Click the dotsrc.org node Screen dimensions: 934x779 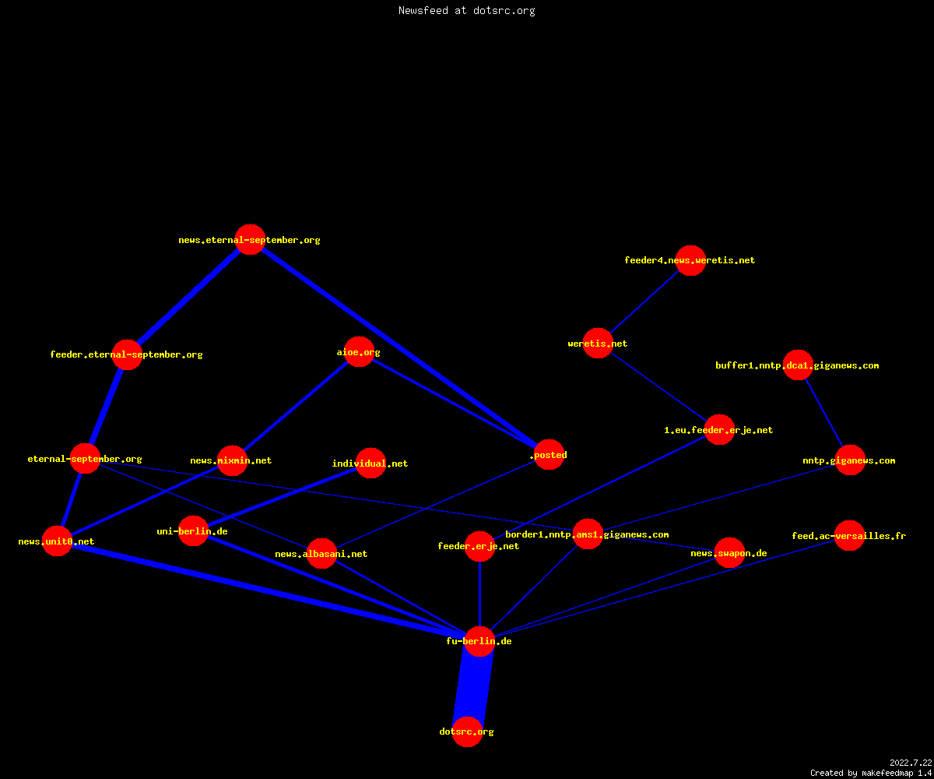[467, 731]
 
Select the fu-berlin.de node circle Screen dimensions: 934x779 [479, 641]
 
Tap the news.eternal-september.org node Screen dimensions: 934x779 [250, 239]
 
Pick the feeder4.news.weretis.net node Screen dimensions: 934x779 [690, 260]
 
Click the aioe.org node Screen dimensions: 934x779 [359, 352]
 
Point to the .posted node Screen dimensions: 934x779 [550, 454]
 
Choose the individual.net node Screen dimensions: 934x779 [370, 463]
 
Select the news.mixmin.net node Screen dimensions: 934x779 [232, 460]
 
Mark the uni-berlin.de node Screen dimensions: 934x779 [193, 531]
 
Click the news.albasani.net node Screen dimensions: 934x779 [321, 553]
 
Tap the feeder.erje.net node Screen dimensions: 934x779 [479, 546]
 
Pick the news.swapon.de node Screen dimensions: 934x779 [729, 553]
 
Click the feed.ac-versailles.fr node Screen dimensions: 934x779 [849, 535]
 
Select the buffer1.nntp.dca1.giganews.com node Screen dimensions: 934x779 [798, 365]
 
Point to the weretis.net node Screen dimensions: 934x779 [598, 344]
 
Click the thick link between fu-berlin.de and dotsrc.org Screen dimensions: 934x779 [473, 686]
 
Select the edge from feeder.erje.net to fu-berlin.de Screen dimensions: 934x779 [479, 594]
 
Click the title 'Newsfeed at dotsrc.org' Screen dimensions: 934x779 [466, 10]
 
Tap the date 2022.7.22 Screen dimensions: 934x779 [911, 763]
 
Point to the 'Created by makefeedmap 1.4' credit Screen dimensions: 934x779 [871, 773]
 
